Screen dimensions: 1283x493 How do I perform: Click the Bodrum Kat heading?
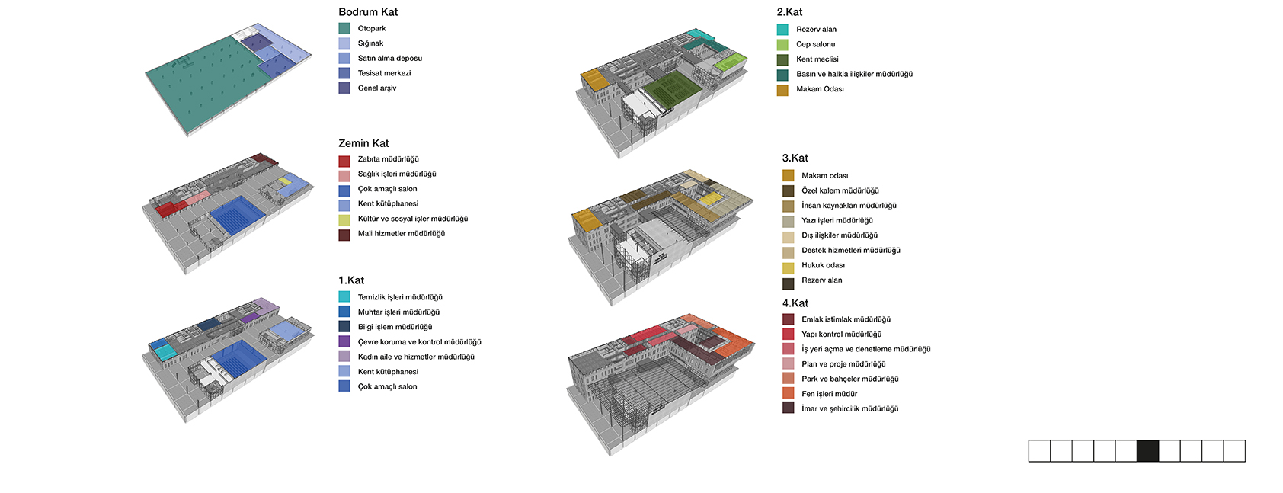click(368, 12)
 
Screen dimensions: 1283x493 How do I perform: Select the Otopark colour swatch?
click(344, 29)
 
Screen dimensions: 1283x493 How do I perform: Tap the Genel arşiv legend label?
click(377, 88)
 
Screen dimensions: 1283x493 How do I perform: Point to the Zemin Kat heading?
click(363, 143)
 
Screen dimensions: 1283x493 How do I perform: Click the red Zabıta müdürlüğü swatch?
click(344, 161)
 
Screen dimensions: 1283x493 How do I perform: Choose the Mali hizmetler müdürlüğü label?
click(402, 234)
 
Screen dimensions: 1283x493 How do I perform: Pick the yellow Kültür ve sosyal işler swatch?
click(344, 220)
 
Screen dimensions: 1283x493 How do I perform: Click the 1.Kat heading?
click(351, 280)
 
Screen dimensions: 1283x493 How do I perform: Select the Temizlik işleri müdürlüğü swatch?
click(344, 296)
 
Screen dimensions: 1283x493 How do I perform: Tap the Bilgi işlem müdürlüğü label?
click(395, 327)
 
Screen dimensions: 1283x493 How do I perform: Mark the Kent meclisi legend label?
click(817, 59)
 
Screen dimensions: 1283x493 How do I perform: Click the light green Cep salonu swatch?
click(782, 45)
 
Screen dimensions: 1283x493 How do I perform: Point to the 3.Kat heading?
click(795, 158)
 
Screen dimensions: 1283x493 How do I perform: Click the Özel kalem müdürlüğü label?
click(840, 190)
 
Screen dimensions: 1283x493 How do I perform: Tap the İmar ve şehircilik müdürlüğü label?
click(850, 409)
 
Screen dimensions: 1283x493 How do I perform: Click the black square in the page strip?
click(1147, 450)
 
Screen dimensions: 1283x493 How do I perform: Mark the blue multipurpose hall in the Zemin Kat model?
click(237, 215)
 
